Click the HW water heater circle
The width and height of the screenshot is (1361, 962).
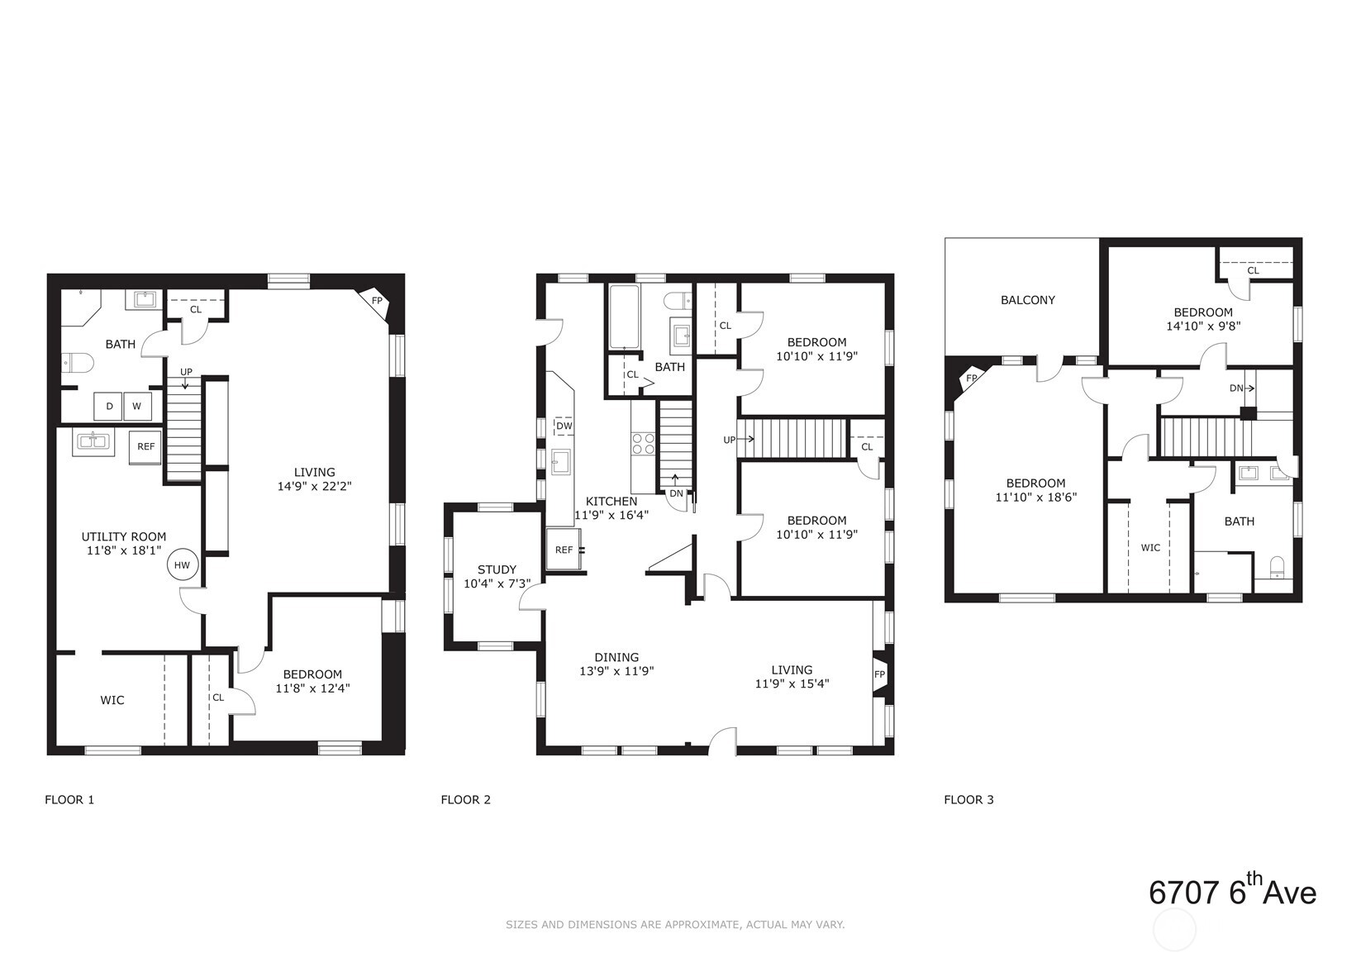182,565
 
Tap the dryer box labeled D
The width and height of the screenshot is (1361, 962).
109,406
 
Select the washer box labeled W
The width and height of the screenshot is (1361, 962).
137,406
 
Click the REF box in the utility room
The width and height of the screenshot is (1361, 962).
145,447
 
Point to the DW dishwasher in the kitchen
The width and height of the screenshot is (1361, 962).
564,426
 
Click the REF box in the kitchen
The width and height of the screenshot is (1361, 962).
564,550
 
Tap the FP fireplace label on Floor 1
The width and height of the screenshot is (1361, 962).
377,301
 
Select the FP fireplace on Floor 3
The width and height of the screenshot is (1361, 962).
972,379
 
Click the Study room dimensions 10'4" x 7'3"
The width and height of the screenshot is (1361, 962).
497,583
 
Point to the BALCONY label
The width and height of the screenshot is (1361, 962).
1027,300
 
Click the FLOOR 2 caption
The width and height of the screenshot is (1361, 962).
465,799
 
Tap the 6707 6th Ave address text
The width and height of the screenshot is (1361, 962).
1231,893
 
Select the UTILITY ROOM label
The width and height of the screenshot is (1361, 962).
123,536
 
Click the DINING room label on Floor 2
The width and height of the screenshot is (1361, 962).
616,658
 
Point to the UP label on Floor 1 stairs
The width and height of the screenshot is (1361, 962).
186,372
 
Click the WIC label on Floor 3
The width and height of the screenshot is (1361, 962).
1150,547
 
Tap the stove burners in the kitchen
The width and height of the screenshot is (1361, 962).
643,444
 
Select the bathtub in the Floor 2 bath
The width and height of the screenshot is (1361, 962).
624,317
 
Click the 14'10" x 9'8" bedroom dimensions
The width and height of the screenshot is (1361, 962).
1203,326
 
